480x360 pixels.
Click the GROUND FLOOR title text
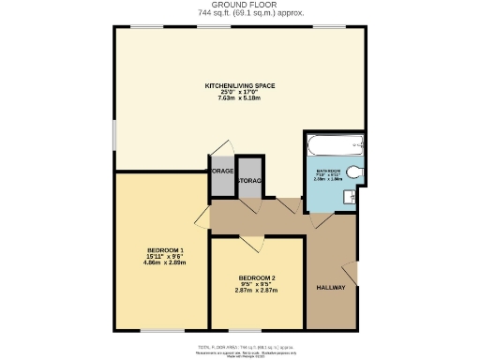point(239,6)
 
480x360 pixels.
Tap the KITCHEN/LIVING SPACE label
point(240,85)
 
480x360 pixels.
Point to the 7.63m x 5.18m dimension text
point(240,98)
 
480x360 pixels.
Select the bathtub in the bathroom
point(334,143)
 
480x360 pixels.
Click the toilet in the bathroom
point(352,172)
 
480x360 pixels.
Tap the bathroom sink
point(349,196)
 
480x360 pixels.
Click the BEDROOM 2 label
point(256,278)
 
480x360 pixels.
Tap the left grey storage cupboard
point(222,176)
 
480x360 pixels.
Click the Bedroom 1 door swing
point(202,217)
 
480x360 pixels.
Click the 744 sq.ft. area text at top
point(239,14)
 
